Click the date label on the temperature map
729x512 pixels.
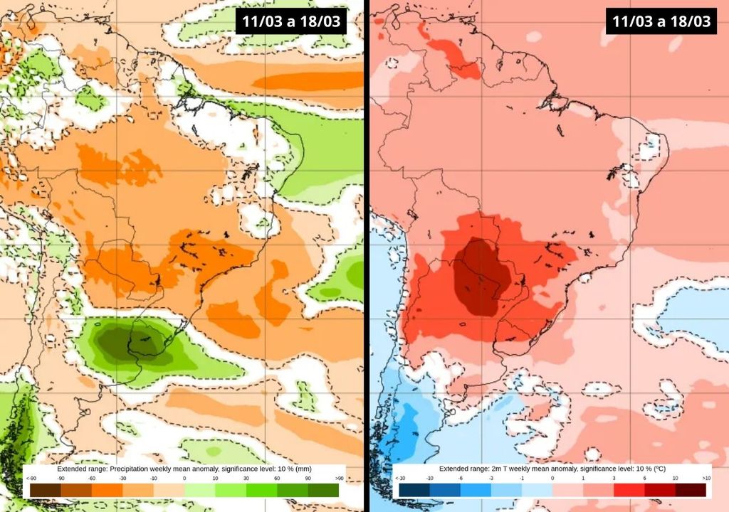click(661, 21)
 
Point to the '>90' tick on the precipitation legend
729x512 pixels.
click(339, 478)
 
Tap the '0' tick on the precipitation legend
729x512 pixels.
click(184, 478)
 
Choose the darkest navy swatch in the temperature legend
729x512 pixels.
click(414, 489)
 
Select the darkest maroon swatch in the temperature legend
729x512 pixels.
click(691, 489)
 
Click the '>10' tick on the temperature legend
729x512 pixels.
click(706, 478)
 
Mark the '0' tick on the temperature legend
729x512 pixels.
click(552, 478)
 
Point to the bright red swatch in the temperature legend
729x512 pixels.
click(629, 489)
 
